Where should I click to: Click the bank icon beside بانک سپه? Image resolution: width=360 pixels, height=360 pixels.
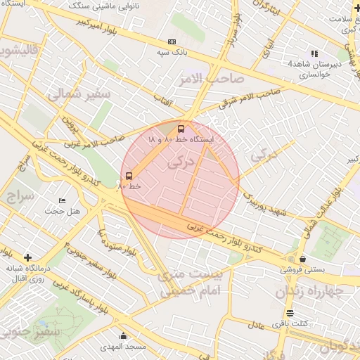[x=172, y=42]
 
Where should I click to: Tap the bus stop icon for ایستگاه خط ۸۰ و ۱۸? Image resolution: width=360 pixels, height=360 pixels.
[x=181, y=129]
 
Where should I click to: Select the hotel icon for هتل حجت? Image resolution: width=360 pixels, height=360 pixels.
[x=62, y=201]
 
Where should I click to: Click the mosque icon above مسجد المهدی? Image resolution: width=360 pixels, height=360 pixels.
[x=124, y=336]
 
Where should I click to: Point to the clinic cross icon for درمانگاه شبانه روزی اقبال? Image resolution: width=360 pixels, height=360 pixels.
[x=27, y=257]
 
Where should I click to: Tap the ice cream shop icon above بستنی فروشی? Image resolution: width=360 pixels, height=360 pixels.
[x=302, y=259]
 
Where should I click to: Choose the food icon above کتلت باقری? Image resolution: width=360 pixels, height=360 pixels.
[x=290, y=313]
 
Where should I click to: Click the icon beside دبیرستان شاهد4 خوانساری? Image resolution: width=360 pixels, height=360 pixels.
[x=314, y=53]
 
